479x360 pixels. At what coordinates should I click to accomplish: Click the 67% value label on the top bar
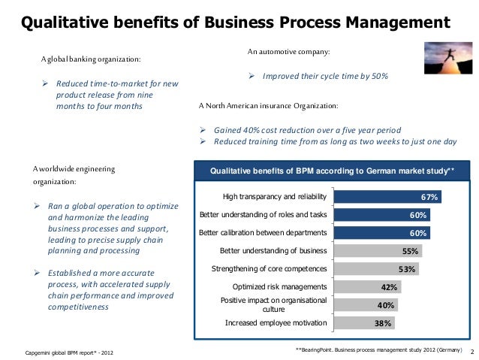click(429, 198)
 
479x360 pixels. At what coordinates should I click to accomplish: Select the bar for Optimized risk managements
click(366, 286)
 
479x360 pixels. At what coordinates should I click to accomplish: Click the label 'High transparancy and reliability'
click(275, 198)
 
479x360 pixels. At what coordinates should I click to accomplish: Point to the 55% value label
click(410, 251)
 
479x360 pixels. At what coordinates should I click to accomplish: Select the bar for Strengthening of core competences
click(375, 269)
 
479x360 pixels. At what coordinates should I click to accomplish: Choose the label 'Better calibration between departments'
click(263, 233)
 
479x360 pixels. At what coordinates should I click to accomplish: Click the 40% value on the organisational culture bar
click(385, 305)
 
